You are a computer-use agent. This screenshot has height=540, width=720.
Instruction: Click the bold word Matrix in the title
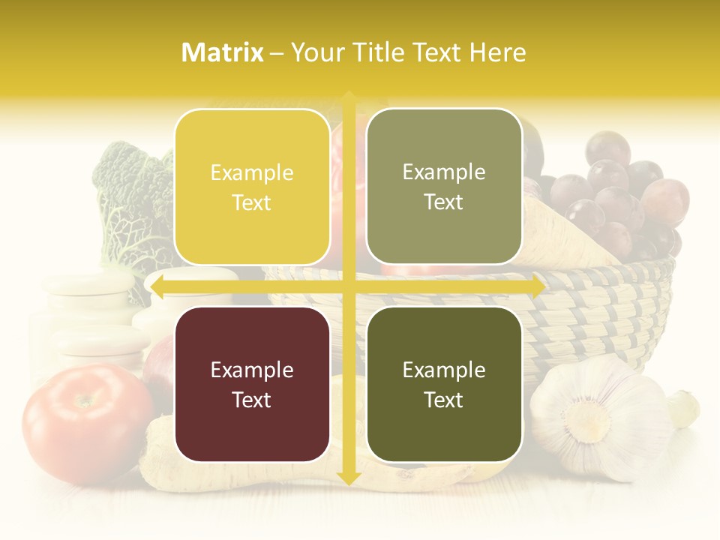(223, 52)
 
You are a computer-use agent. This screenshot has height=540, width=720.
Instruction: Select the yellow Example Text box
(252, 187)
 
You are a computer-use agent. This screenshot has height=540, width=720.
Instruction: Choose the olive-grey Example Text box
(444, 187)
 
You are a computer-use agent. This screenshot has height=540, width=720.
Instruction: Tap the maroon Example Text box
(252, 384)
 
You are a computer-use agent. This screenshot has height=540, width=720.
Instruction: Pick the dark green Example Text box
(444, 384)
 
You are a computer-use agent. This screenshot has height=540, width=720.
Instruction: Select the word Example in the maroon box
(252, 370)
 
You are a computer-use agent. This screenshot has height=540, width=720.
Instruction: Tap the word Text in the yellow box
(252, 202)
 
